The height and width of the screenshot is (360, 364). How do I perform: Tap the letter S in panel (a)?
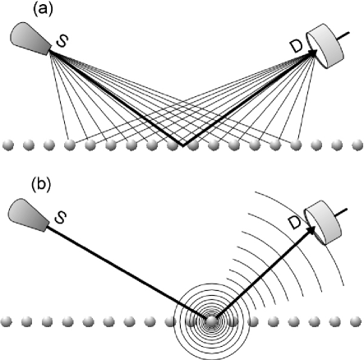(x=60, y=41)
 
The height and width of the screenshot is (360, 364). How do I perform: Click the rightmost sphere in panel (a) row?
(x=355, y=145)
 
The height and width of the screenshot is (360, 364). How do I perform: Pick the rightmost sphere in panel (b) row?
(x=355, y=322)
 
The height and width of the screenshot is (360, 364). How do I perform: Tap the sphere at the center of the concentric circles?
(x=213, y=322)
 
